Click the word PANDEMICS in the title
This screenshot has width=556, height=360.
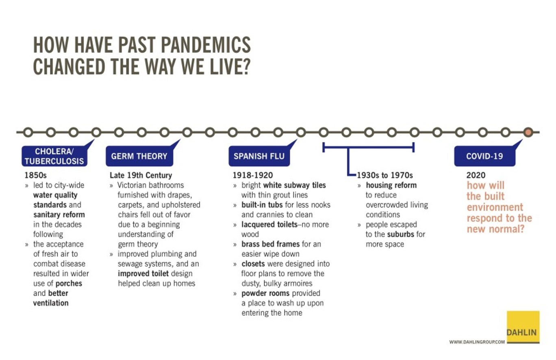(206, 45)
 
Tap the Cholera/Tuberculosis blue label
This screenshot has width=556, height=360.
(54, 156)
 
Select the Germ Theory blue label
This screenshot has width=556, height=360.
(139, 156)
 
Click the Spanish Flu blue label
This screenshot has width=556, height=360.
(259, 156)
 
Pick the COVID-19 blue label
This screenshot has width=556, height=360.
(484, 156)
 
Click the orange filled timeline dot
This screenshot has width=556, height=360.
(528, 132)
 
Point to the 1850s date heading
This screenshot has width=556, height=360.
(35, 175)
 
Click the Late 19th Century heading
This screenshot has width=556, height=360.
(141, 175)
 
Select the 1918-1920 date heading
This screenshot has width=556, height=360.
(253, 175)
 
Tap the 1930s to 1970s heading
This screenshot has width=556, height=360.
(385, 175)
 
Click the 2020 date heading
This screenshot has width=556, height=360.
(476, 175)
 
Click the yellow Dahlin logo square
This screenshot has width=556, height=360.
(523, 327)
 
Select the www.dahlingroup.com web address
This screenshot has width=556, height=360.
(477, 342)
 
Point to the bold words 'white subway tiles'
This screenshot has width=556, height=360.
(294, 185)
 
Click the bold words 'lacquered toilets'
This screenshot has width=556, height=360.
(269, 225)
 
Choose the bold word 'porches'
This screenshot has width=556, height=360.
(69, 284)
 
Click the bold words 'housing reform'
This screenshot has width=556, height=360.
(391, 185)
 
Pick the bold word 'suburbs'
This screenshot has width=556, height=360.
(401, 234)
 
